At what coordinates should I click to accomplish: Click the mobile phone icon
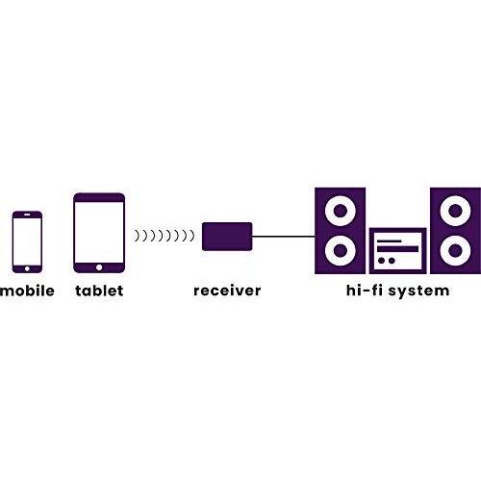tap(27, 242)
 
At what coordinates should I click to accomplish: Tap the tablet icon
tap(99, 233)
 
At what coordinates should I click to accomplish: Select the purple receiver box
tap(227, 237)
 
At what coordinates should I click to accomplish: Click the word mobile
tap(27, 291)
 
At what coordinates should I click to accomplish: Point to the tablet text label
tap(99, 291)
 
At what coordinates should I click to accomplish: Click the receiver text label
tap(227, 291)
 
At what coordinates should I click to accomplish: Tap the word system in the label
tap(418, 291)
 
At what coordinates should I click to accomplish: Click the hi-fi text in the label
tap(365, 291)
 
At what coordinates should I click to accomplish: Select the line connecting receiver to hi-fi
tap(284, 237)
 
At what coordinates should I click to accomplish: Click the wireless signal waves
tap(165, 236)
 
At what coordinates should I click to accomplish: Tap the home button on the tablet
tap(99, 267)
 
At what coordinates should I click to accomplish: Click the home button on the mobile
tap(27, 268)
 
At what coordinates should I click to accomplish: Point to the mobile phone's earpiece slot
tap(27, 215)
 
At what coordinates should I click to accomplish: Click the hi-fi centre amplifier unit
tap(397, 251)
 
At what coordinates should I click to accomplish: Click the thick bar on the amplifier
tap(397, 249)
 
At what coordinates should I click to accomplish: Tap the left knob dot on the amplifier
tap(381, 261)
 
